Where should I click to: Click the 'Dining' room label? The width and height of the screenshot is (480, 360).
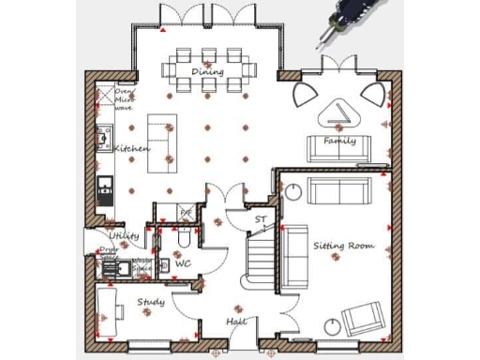(207, 72)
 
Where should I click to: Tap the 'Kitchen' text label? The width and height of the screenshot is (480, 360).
(131, 149)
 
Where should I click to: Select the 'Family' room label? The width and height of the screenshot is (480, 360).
(339, 141)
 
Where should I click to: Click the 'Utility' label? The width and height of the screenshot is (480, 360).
(124, 236)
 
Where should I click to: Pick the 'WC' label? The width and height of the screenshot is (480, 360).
(184, 263)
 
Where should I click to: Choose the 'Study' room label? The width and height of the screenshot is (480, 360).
(151, 302)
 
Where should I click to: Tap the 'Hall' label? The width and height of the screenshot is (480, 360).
(236, 322)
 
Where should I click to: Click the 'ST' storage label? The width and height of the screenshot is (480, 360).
(260, 220)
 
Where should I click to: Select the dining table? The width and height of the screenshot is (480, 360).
(206, 68)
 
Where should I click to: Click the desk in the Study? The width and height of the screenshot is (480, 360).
(107, 309)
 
